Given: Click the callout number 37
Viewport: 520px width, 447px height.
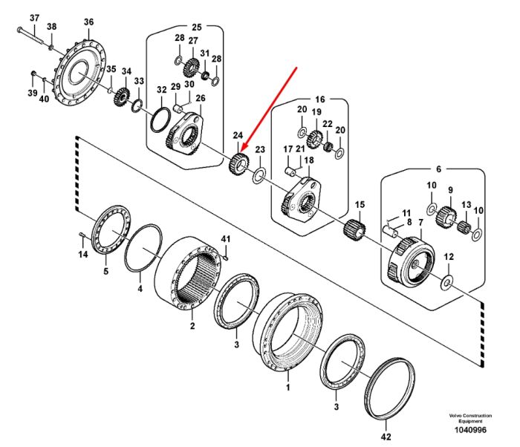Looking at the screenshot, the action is pos(34,18).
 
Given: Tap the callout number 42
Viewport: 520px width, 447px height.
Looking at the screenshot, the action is pos(386,437).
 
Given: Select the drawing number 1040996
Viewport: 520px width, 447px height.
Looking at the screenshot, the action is pos(470,430).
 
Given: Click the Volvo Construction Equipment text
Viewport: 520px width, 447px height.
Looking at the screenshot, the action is pos(470,418).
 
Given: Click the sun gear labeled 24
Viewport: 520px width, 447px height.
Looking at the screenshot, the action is pos(238,163).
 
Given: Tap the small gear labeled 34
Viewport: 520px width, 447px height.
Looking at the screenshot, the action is pos(122,97).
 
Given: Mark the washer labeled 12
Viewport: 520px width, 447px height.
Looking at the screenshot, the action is pos(447,282).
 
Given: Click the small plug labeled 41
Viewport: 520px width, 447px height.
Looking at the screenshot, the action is pos(225,256).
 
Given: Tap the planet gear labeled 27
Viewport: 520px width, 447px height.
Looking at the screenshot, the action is pos(191,68).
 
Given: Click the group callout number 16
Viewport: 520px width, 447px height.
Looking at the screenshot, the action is pos(320,99).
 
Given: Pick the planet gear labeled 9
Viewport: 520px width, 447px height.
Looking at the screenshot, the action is pos(446,218).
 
